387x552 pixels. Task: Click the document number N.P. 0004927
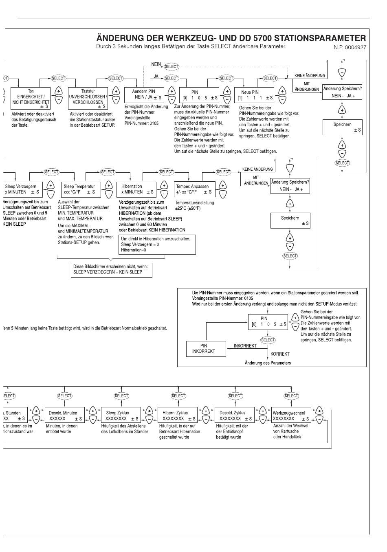pos(350,47)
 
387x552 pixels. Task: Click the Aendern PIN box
pos(144,95)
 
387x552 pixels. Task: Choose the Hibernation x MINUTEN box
pos(136,189)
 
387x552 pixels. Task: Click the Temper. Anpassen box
pos(194,189)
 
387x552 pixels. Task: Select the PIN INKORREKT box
pos(206,348)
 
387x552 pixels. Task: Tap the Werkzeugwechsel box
pos(291,416)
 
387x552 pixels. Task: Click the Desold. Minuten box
pos(64,416)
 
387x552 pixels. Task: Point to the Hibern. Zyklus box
pos(178,416)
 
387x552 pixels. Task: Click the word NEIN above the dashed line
pos(156,64)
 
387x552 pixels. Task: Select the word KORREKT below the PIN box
pos(280,354)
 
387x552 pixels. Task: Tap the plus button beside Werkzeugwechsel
pos(319,411)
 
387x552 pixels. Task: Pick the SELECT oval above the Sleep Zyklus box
pos(121,396)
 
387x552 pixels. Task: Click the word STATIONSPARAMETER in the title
pos(320,38)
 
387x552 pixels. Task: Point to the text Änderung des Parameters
pos(268,363)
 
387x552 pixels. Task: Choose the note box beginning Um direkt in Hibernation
pos(157,244)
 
